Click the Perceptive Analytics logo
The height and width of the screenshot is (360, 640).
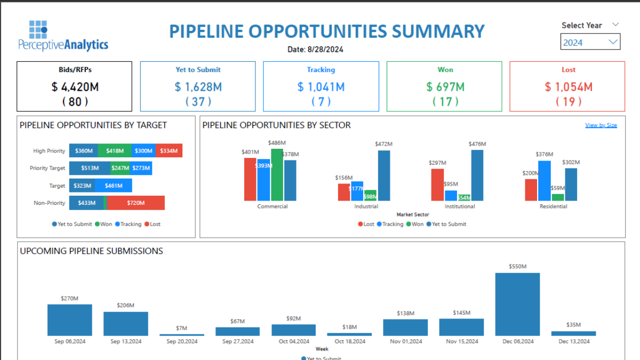[63, 36]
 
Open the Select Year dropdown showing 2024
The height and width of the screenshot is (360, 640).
[590, 42]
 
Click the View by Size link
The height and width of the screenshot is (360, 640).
[601, 125]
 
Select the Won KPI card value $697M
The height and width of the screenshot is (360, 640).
[445, 86]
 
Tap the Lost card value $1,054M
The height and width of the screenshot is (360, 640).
[569, 86]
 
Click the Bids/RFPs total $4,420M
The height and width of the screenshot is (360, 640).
[75, 86]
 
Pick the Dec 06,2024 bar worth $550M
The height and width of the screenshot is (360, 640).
[517, 304]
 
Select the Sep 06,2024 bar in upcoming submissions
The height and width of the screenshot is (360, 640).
[69, 319]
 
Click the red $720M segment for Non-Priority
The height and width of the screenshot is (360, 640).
[136, 203]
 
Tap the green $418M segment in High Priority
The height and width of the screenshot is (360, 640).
[115, 151]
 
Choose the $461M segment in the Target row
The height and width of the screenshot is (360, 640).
[113, 186]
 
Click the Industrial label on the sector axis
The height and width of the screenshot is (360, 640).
[366, 206]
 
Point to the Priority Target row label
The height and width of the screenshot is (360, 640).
[47, 168]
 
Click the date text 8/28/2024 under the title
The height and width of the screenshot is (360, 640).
[315, 50]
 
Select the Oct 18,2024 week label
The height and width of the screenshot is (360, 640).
[349, 341]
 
